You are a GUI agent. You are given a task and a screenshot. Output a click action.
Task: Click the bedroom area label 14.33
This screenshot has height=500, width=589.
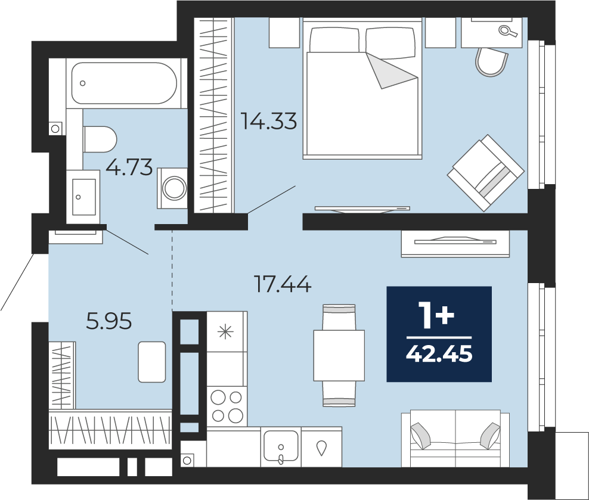coord(269,121)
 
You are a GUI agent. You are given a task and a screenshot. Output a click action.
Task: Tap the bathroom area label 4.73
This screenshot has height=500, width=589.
coord(129,167)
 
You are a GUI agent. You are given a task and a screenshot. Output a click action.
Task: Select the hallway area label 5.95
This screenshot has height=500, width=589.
coord(109,321)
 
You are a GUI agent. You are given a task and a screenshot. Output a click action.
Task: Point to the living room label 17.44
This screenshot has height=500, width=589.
coord(283,284)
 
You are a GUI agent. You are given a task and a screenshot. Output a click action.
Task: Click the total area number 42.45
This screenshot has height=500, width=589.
coord(439,353)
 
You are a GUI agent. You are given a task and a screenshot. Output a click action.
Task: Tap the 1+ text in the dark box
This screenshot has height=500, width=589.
coord(437,316)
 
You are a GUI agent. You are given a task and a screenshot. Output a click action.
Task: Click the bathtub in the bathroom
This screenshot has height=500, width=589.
coord(124,83)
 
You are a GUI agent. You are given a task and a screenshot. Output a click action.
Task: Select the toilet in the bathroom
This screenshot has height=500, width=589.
coord(100,139)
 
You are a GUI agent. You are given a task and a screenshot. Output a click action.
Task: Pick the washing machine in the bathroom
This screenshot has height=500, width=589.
coord(172,188)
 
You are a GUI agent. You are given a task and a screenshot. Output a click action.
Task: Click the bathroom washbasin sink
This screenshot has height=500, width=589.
coord(83,197)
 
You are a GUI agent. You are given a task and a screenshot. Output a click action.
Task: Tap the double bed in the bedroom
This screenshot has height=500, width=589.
coord(362,89)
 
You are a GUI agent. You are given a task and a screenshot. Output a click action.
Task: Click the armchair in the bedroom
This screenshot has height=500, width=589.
coord(485,172)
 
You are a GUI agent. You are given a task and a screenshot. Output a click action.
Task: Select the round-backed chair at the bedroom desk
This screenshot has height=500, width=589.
coord(491,63)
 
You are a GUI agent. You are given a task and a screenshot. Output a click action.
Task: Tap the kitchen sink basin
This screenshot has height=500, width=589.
coord(281,446)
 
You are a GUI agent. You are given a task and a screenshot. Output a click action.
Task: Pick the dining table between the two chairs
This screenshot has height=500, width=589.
coord(339,355)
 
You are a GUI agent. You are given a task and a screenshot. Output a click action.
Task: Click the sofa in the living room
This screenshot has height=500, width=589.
coord(455,439)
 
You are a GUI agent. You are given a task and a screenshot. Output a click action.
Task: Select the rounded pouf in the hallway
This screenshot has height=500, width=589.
coord(152,362)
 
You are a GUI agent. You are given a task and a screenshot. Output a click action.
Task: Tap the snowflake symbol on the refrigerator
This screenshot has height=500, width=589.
coord(225,332)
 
